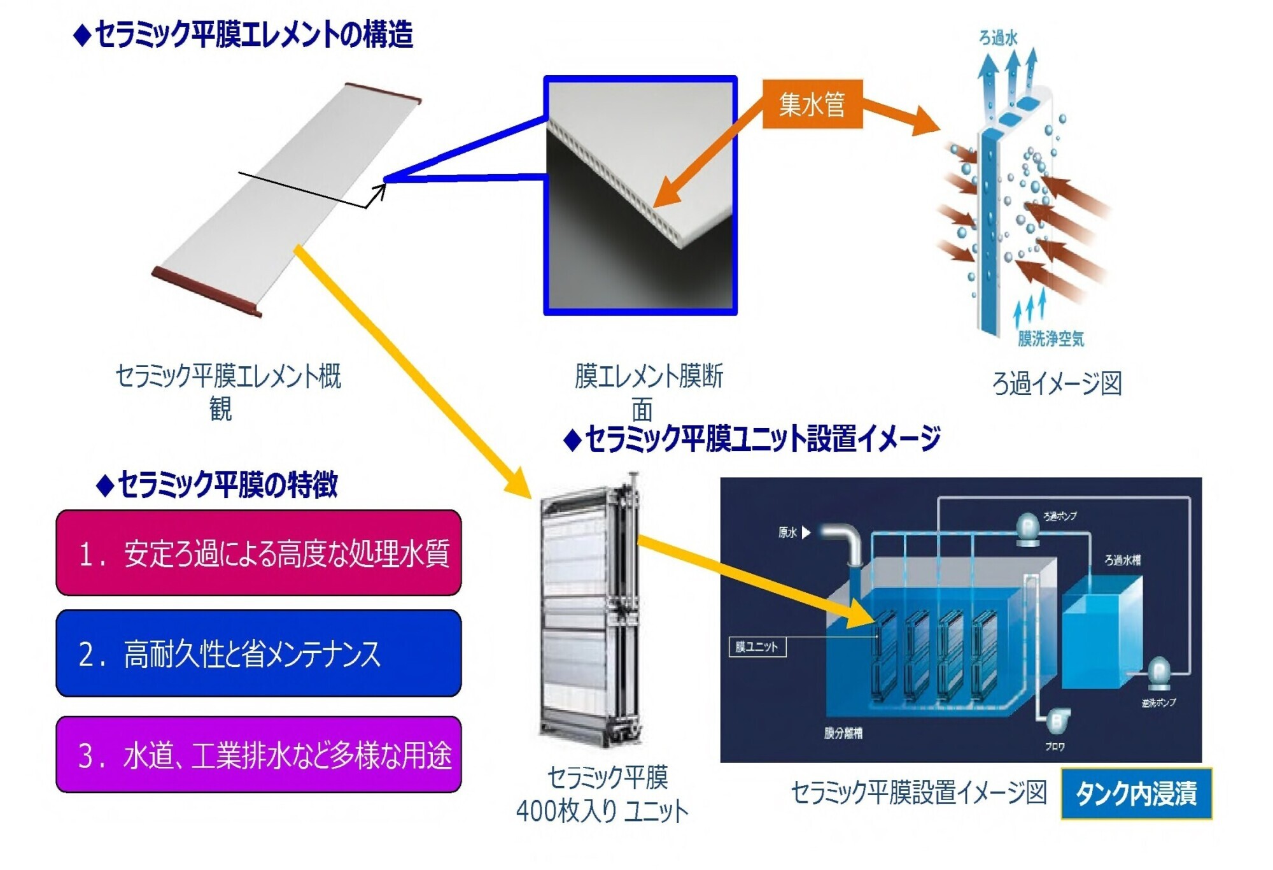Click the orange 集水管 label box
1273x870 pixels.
pyautogui.click(x=812, y=104)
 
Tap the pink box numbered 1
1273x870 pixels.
pyautogui.click(x=258, y=552)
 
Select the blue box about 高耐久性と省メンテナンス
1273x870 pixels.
pyautogui.click(x=258, y=653)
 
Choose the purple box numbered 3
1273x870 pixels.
pyautogui.click(x=258, y=754)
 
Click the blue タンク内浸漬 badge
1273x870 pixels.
pyautogui.click(x=1136, y=794)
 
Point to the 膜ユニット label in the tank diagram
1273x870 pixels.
pyautogui.click(x=757, y=647)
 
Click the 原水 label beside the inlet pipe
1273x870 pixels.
pyautogui.click(x=787, y=532)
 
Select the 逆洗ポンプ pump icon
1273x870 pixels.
pyautogui.click(x=1158, y=674)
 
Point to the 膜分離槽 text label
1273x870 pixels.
pyautogui.click(x=843, y=733)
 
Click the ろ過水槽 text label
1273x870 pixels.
pyautogui.click(x=1122, y=560)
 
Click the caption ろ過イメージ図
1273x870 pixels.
pyautogui.click(x=1057, y=383)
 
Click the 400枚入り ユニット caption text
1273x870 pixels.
pyautogui.click(x=602, y=811)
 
